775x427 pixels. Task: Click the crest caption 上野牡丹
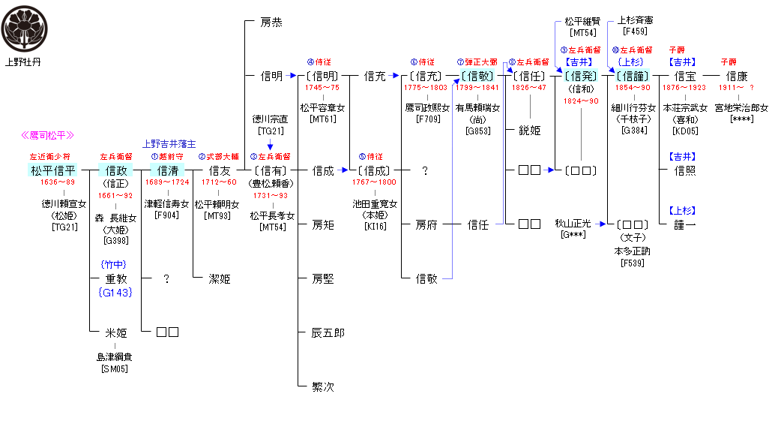click(23, 62)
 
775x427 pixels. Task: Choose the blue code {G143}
click(115, 292)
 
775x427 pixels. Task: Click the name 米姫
click(115, 332)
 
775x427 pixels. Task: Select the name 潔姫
click(219, 279)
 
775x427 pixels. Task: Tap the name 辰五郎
click(328, 332)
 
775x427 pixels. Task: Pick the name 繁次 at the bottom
click(323, 387)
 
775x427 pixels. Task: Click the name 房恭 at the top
click(271, 23)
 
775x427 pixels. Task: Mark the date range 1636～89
click(57, 183)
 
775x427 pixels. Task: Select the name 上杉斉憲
click(635, 21)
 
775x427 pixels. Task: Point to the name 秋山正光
click(573, 224)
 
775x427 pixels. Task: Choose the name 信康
click(736, 76)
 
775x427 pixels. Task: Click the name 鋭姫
click(530, 130)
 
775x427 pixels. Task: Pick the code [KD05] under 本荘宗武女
click(685, 130)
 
